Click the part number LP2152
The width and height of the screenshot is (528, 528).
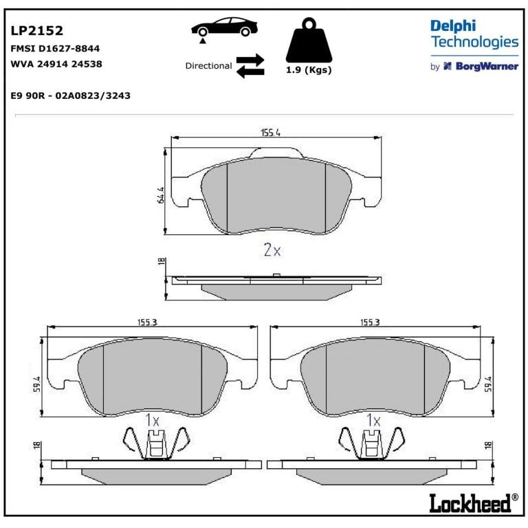click(x=36, y=31)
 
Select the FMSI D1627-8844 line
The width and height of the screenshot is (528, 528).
click(x=55, y=49)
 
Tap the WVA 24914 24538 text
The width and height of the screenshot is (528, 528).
click(x=56, y=64)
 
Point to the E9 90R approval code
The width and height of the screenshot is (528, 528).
click(x=70, y=96)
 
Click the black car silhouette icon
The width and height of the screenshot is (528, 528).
click(x=224, y=27)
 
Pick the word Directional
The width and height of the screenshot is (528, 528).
click(x=208, y=66)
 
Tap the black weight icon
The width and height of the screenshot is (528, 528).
click(x=309, y=40)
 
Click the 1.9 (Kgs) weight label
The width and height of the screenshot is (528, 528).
click(x=309, y=70)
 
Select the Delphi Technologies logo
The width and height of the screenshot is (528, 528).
click(x=474, y=34)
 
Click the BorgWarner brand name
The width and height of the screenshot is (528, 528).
click(x=487, y=66)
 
